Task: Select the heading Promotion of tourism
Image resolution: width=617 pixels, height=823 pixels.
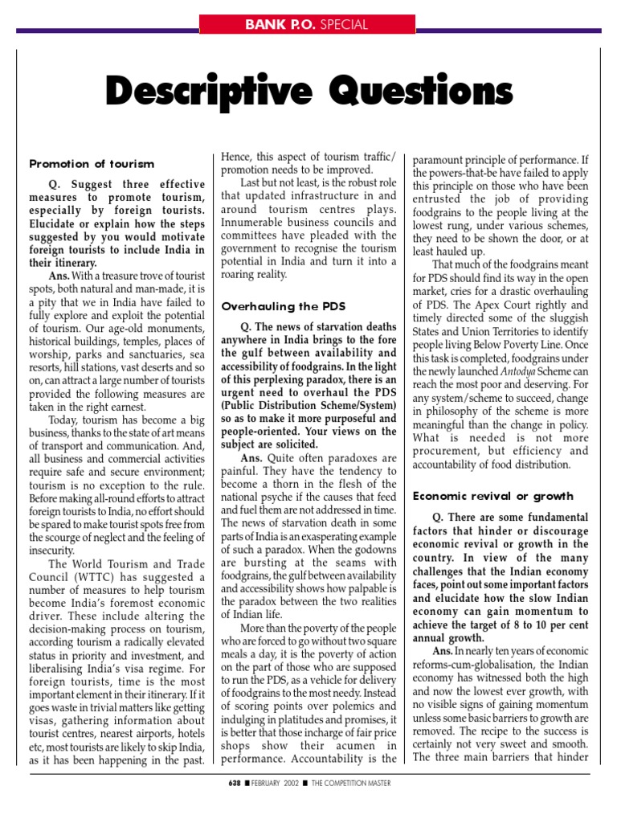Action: pyautogui.click(x=92, y=163)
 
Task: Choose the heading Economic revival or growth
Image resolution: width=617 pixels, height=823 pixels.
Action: pyautogui.click(x=492, y=496)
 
